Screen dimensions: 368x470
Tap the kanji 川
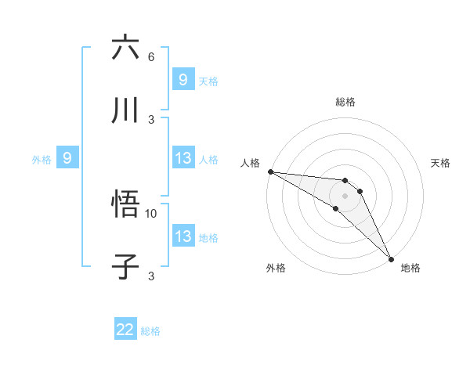[126, 110]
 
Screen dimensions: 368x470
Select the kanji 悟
[126, 205]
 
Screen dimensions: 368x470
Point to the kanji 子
[126, 267]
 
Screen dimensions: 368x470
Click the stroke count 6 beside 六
[151, 57]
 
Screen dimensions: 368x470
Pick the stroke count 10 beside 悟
[151, 213]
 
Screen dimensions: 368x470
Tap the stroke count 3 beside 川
[151, 119]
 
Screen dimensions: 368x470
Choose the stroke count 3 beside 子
[151, 276]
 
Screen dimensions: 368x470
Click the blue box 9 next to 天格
[183, 79]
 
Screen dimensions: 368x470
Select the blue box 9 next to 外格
[67, 158]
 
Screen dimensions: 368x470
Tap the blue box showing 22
[125, 330]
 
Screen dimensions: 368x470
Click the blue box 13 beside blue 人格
[183, 158]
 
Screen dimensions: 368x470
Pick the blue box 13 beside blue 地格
[183, 236]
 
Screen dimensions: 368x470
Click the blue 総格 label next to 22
[150, 331]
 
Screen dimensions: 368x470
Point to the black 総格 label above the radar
[345, 102]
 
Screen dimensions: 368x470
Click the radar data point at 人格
[270, 171]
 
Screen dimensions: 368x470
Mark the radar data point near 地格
[391, 258]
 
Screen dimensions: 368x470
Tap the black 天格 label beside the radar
[441, 163]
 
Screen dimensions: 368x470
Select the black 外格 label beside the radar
[276, 268]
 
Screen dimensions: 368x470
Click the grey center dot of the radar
[345, 195]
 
